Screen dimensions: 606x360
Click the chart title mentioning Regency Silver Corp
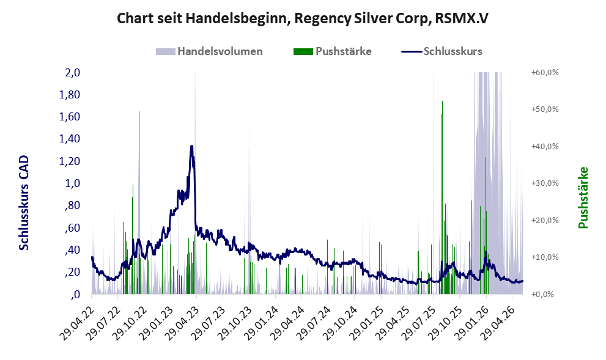tap(303, 18)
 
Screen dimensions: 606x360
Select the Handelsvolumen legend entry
tap(209, 51)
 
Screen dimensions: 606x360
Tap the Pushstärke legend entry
tap(333, 51)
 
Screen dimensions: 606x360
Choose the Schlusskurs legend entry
tap(442, 51)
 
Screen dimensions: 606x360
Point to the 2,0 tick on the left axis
tap(73, 72)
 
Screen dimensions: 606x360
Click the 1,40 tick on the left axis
tap(70, 139)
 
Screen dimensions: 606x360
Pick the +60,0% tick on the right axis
tap(545, 73)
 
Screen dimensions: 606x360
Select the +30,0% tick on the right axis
tap(545, 183)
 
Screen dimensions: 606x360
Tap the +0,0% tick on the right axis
tap(542, 295)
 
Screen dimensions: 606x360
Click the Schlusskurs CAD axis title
tap(24, 202)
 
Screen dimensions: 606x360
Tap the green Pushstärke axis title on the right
tap(583, 197)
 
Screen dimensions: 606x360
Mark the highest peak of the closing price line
tap(191, 146)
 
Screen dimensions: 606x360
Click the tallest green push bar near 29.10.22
tap(139, 203)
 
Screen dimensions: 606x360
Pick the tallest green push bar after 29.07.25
tap(442, 197)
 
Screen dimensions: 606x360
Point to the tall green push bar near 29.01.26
tap(486, 226)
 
